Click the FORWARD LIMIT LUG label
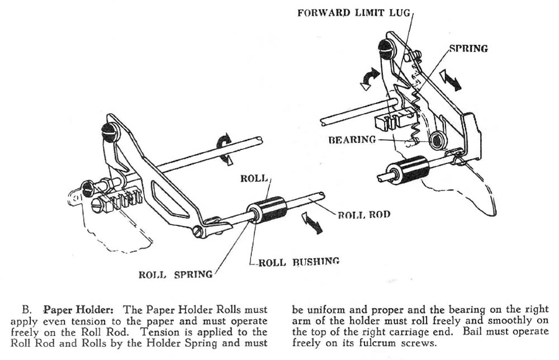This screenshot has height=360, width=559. (x=354, y=12)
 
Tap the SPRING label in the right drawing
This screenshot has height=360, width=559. (x=468, y=49)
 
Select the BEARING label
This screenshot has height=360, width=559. (x=352, y=140)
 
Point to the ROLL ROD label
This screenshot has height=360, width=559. (x=364, y=215)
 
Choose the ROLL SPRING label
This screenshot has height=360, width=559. (x=176, y=274)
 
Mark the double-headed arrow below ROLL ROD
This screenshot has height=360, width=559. (x=310, y=222)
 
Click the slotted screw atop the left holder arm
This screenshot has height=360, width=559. (x=109, y=132)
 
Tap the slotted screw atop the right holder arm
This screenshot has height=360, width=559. (x=386, y=49)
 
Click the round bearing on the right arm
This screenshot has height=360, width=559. (x=438, y=140)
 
